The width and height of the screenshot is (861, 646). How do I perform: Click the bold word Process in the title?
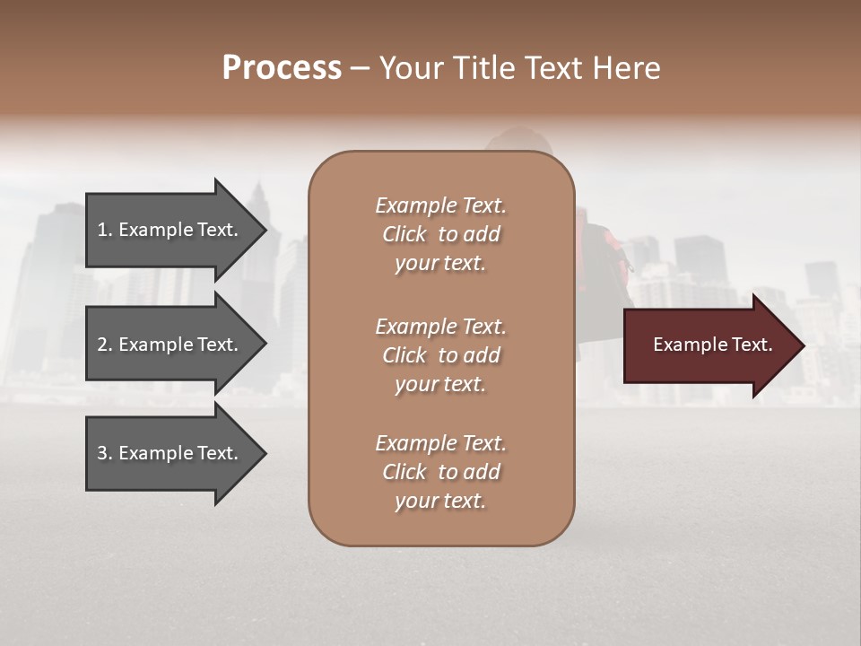tap(282, 68)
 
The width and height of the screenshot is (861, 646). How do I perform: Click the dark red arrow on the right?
tap(704, 345)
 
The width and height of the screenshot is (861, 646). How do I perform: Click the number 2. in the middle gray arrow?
tap(105, 345)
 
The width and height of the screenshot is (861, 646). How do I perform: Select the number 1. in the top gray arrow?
tap(105, 230)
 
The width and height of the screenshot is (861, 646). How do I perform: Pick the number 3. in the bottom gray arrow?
tap(105, 453)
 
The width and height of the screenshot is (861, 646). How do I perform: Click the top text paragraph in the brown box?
tap(440, 234)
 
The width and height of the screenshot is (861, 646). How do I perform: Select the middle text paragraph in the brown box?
tap(440, 355)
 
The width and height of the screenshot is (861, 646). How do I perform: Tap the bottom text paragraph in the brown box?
tap(440, 472)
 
